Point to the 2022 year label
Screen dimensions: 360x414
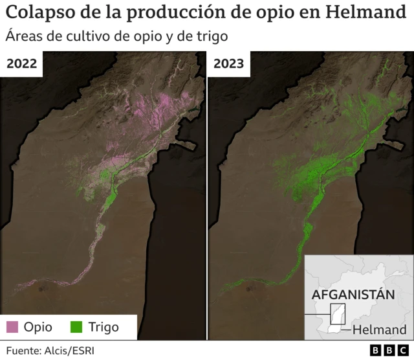pyautogui.click(x=21, y=63)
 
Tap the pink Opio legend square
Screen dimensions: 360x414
pyautogui.click(x=13, y=327)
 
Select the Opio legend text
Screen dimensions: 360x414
pyautogui.click(x=38, y=327)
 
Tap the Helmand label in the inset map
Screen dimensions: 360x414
pyautogui.click(x=384, y=330)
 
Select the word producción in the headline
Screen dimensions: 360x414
pyautogui.click(x=166, y=12)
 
